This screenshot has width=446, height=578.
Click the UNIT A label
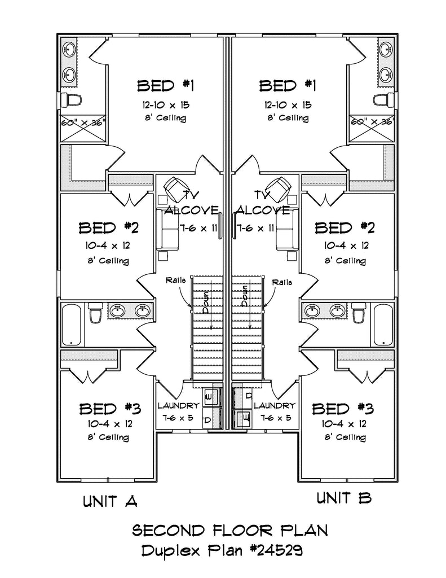110,501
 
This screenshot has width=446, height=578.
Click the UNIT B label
343,497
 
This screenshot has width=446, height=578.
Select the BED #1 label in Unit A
166,86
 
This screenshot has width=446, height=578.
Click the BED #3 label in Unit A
109,408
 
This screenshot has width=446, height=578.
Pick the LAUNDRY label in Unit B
274,406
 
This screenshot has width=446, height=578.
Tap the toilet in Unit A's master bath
72,100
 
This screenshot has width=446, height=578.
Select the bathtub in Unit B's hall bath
383,325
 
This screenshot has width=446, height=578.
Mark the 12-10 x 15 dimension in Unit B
287,105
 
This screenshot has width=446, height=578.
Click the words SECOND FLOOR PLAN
229,531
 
